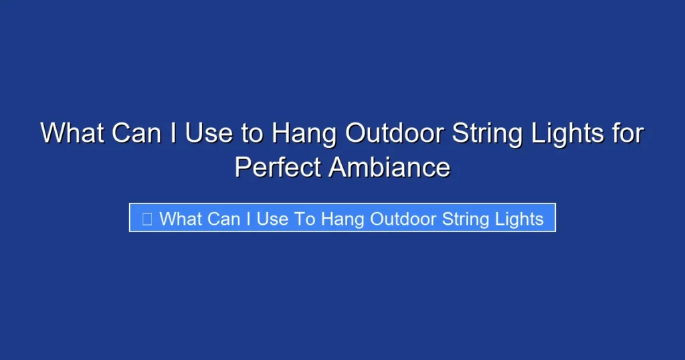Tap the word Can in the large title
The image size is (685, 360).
click(136, 133)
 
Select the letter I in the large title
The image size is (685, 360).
click(173, 133)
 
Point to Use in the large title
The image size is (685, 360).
click(209, 133)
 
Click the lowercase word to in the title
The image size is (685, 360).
click(253, 133)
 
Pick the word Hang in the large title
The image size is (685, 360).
click(304, 134)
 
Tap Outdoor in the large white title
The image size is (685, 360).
click(394, 133)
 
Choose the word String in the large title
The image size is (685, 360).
click(488, 134)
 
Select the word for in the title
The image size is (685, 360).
click(629, 133)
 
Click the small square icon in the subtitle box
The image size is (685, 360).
click(147, 218)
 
